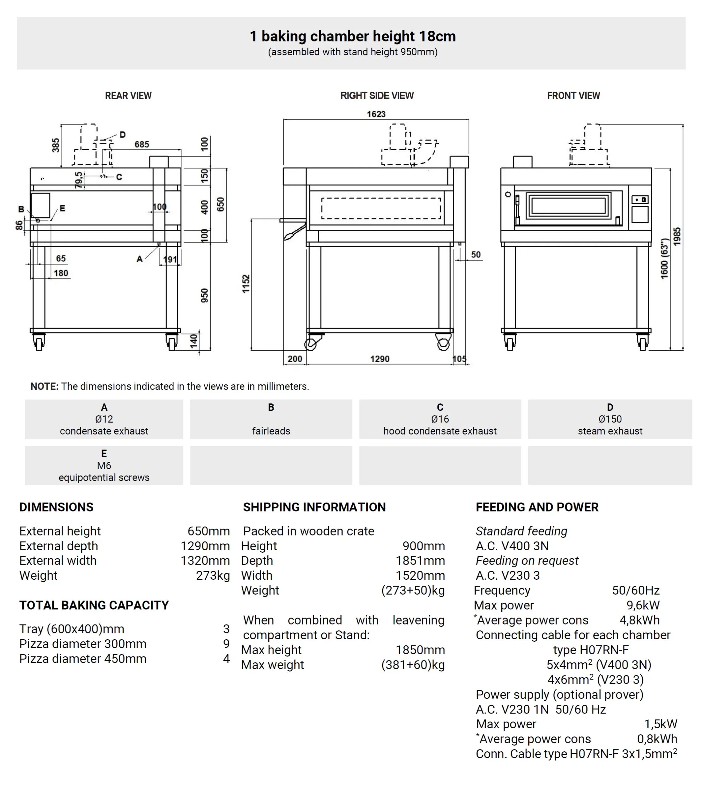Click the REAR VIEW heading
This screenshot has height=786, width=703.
pos(128,96)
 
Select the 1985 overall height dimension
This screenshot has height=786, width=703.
pos(677,236)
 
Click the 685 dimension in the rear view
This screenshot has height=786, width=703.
pos(142,144)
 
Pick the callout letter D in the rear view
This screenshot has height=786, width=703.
pos(122,135)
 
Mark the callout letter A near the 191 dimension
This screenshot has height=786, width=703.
pos(140,259)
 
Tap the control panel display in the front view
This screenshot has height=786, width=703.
pos(640,200)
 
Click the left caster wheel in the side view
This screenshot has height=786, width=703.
pos(311,344)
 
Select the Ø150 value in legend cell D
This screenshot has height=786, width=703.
pos(610,419)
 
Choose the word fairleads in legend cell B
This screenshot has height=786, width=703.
pos(271,431)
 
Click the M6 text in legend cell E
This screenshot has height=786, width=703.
pos(104,465)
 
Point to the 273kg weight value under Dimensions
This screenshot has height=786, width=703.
pos(213,575)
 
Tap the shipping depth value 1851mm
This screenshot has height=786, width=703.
pos(420,561)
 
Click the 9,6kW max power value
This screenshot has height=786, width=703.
pos(643,605)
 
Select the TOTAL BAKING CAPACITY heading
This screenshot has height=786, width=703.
pos(94,605)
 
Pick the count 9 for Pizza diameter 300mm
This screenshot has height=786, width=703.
pos(226,644)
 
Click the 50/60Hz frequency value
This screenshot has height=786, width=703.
pos(635,590)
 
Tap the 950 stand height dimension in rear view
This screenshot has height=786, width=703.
pos(204,295)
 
